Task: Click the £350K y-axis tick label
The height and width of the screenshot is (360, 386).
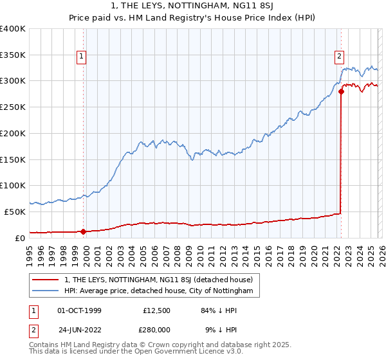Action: point(13,55)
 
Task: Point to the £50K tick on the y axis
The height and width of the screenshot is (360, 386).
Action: point(14,212)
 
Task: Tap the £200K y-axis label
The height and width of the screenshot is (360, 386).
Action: point(13,134)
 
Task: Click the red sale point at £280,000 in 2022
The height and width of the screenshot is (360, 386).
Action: point(341,92)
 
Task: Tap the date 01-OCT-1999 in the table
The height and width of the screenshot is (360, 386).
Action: point(79,310)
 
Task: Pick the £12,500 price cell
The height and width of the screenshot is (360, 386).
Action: point(156,310)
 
